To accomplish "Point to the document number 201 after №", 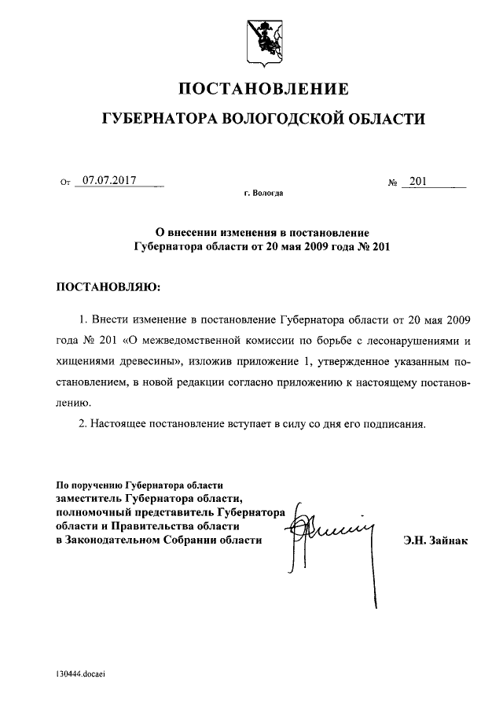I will [417, 181].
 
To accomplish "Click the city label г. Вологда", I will [263, 192].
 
